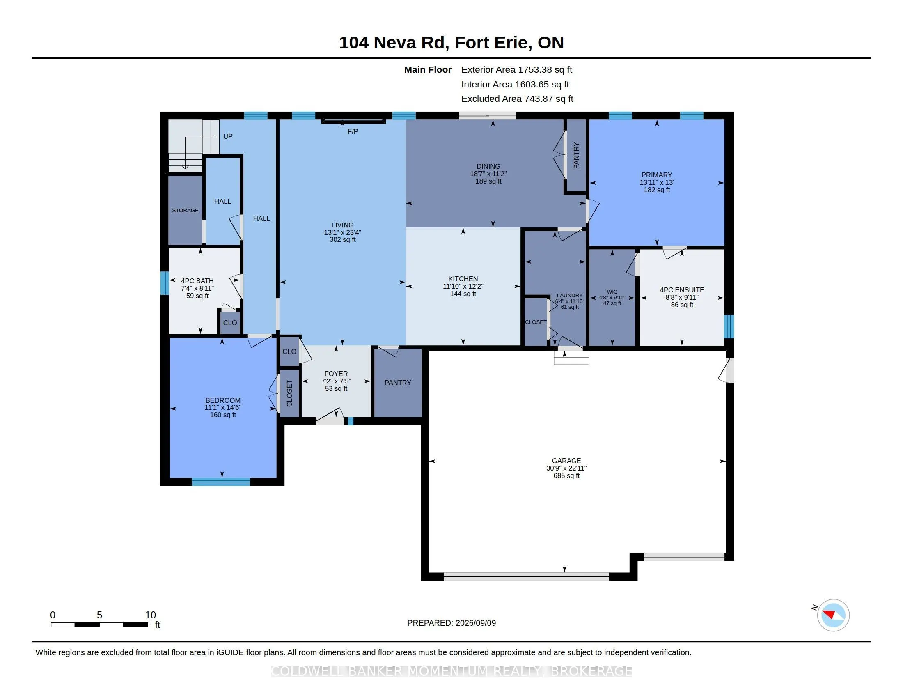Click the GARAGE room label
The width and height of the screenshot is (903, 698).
coord(566,461)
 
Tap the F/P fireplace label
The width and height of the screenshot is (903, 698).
coord(353,131)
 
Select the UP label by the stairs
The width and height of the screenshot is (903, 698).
coord(228,136)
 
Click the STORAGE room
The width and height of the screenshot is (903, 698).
coord(185,211)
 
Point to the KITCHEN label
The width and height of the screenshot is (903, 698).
coord(463,279)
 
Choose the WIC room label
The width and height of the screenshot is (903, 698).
coord(612,292)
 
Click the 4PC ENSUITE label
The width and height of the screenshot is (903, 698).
coord(682,290)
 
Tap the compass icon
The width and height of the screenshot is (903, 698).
coord(833,615)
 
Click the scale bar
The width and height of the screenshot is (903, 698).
coord(99,625)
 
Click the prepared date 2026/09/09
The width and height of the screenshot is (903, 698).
coord(475,623)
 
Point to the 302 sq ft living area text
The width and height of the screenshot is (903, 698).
coord(342,239)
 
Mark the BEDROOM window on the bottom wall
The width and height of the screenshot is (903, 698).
coord(221,482)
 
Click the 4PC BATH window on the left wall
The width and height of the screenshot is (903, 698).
coord(165,283)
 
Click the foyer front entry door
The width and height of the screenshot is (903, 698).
coord(330,418)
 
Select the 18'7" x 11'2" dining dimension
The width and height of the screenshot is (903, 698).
coord(488,174)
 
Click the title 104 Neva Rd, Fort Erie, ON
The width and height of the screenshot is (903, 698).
coord(451,43)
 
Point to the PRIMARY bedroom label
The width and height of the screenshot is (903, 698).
coord(657,175)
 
